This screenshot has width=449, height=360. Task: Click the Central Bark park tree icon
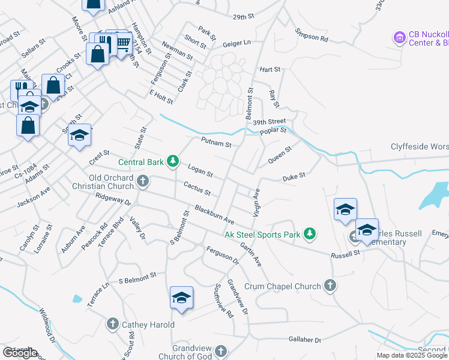click(173, 161)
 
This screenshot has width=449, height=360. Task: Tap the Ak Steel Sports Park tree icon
click(309, 233)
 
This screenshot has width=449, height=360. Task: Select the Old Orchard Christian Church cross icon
click(143, 180)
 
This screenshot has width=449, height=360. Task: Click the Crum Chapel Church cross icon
click(330, 286)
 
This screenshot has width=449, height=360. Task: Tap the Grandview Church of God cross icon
click(221, 350)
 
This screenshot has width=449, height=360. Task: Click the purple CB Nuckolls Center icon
click(399, 38)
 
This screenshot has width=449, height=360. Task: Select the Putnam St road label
click(216, 143)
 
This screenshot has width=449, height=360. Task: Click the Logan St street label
click(200, 171)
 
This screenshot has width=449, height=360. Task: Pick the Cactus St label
click(197, 190)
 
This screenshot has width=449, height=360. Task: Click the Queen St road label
click(280, 155)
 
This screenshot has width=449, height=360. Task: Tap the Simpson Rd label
click(315, 39)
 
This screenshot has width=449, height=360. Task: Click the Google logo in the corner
click(20, 353)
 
